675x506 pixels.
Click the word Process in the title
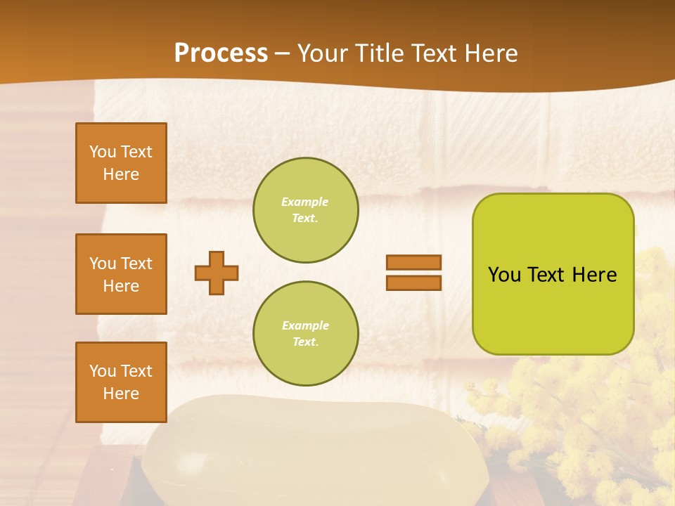click(x=221, y=53)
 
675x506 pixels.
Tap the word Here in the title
click(x=491, y=53)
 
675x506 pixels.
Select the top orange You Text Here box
click(x=121, y=163)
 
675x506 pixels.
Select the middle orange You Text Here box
click(x=121, y=274)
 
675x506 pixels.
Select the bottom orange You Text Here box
click(x=121, y=382)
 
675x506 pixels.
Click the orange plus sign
click(x=217, y=273)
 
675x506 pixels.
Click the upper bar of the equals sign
click(x=413, y=262)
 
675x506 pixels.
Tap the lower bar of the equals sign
click(x=413, y=283)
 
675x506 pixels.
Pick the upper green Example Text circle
click(x=306, y=210)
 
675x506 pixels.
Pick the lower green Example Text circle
click(x=306, y=333)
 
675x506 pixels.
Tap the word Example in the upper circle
click(x=304, y=202)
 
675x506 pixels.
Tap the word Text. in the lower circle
click(x=305, y=342)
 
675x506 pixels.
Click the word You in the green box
click(x=504, y=275)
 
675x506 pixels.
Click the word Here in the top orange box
click(x=121, y=174)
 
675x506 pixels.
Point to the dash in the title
click(x=283, y=53)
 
